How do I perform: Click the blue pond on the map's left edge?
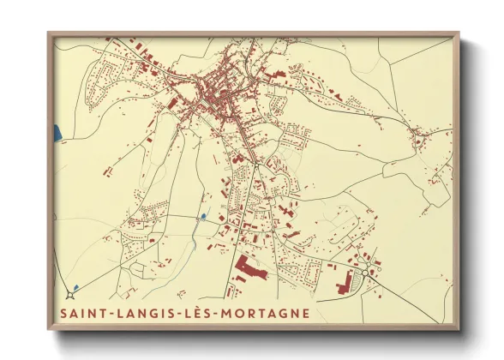57,134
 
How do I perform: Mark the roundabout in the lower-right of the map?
366,273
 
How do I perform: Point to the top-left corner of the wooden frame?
49,34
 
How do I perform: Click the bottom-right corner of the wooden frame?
459,329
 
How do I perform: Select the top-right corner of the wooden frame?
459,34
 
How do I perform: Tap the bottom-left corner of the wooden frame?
49,329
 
